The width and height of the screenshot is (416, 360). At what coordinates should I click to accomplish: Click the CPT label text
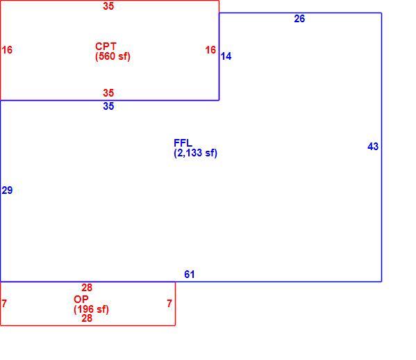pos(106,47)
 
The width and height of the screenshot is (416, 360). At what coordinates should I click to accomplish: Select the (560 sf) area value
pos(113,56)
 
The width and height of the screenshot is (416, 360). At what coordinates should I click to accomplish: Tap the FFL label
pos(183,143)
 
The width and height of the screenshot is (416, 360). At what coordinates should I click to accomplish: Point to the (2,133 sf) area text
pos(196,153)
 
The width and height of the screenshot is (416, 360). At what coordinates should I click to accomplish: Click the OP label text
pos(81,300)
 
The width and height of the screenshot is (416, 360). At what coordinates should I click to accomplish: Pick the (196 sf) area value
pos(91,309)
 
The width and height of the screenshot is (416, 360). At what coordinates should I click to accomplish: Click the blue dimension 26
pos(299,19)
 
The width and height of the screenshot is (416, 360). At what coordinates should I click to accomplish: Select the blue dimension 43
pos(373,147)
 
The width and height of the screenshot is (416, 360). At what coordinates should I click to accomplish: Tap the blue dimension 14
pos(226,56)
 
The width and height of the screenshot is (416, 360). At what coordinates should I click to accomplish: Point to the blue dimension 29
pos(7,190)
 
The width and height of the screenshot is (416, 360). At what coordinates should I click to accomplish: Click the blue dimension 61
pos(190,275)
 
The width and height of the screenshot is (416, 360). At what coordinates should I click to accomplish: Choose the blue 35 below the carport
pos(108,106)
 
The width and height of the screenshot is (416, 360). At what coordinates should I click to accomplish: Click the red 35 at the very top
pos(108,6)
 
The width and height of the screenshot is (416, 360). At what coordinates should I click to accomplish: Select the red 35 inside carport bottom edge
pos(108,93)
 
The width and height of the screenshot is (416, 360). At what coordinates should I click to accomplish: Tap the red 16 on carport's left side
pos(7,50)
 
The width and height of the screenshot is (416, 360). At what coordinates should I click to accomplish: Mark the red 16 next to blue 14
pos(210,50)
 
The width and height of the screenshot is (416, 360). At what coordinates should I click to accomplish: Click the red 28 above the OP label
pos(87,288)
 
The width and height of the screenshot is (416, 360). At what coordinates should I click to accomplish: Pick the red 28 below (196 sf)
pos(87,318)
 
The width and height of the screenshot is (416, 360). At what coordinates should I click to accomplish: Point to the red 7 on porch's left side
pos(4,304)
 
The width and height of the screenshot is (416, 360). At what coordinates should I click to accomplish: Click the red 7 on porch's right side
pos(169,304)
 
